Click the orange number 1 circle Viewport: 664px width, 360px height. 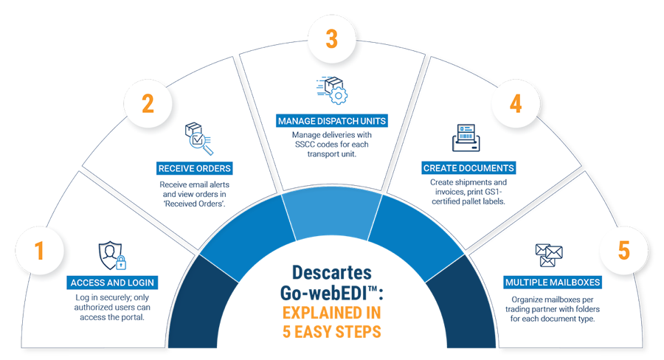click(39, 251)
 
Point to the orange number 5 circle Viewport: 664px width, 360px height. click(624, 251)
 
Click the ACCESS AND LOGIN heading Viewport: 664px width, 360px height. click(114, 282)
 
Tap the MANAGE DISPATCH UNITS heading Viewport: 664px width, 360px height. click(331, 120)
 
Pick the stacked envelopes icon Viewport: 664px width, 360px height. click(549, 255)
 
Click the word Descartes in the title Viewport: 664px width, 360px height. click(331, 271)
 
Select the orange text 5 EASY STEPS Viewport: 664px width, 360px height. click(332, 331)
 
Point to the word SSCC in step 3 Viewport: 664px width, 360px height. click(304, 145)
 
